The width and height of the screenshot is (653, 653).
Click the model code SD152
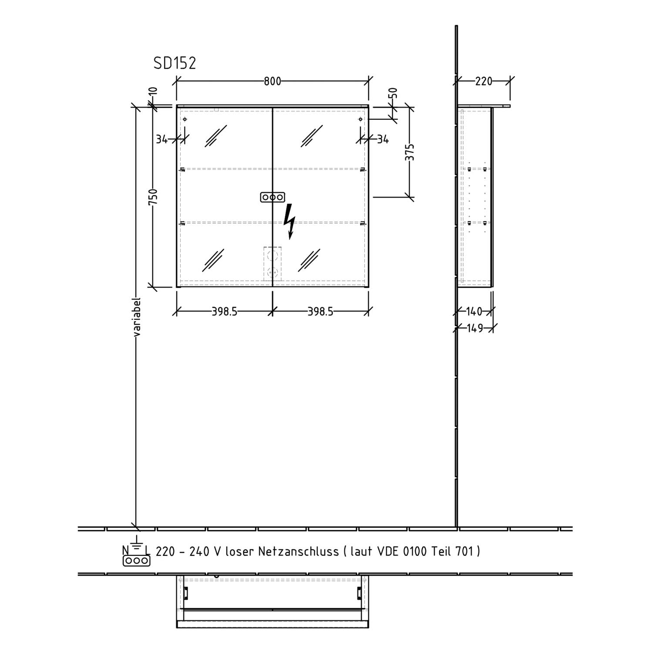175,64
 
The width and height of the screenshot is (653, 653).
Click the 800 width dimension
273,81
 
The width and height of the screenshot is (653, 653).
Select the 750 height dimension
153,197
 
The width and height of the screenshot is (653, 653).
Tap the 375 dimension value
410,152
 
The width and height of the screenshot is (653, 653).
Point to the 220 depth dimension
483,81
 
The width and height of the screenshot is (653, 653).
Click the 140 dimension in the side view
474,312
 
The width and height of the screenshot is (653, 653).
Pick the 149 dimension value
475,328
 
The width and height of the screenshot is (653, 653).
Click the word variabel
137,317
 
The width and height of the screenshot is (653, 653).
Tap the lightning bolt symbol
289,222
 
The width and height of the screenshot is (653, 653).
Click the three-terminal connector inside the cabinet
273,198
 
